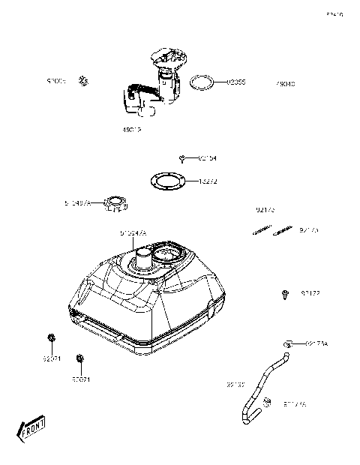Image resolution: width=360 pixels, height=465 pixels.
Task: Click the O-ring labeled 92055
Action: click(x=200, y=82)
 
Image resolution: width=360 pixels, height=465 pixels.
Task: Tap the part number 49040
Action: click(x=284, y=85)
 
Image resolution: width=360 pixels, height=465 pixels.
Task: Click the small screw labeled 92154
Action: click(x=183, y=157)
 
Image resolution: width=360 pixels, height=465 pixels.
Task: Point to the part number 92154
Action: click(x=207, y=158)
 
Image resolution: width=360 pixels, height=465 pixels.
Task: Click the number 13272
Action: click(x=209, y=181)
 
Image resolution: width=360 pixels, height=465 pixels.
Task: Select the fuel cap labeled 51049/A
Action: click(x=115, y=202)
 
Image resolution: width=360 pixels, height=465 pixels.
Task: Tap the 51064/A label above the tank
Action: click(x=133, y=233)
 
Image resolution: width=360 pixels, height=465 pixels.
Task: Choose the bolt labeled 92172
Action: click(x=285, y=294)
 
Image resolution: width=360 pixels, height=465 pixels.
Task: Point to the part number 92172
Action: click(x=310, y=293)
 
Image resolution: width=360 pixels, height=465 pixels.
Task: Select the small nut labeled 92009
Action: click(x=84, y=80)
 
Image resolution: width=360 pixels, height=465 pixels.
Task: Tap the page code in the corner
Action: click(x=334, y=13)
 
